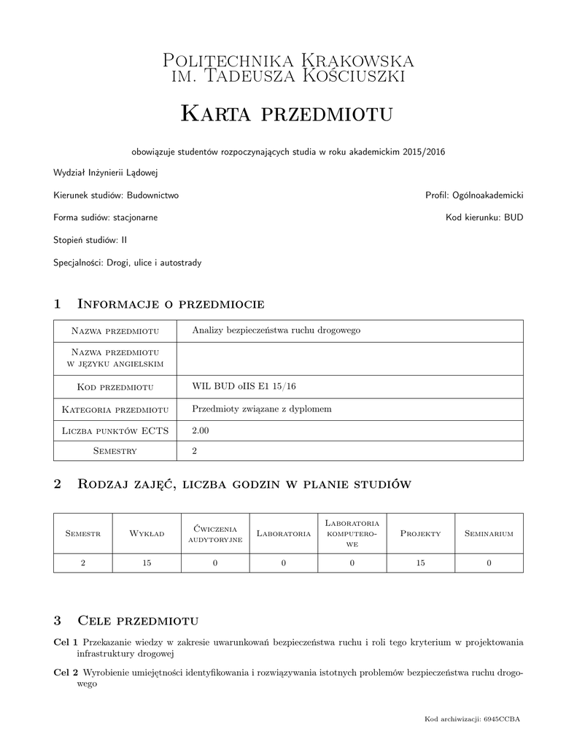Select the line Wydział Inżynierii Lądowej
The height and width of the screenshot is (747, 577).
pos(105,173)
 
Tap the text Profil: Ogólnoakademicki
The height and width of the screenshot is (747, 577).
pos(474,196)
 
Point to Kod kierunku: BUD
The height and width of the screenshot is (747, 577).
pos(484,217)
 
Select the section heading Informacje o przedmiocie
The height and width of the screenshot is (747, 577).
pos(170,303)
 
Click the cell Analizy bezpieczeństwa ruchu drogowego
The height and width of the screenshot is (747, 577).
pos(276,330)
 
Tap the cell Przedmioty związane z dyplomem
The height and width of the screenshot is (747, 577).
pos(261,409)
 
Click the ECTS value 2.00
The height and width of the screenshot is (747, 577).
pos(200,431)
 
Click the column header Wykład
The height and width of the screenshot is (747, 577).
pos(147,534)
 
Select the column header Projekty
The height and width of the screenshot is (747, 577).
pos(420,534)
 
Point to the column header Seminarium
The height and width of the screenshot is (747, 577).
pos(489,534)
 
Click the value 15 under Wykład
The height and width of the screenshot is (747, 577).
pos(147,562)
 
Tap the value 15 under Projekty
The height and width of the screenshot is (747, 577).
pos(420,562)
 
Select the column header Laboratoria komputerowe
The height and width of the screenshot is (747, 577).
pos(352,534)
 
